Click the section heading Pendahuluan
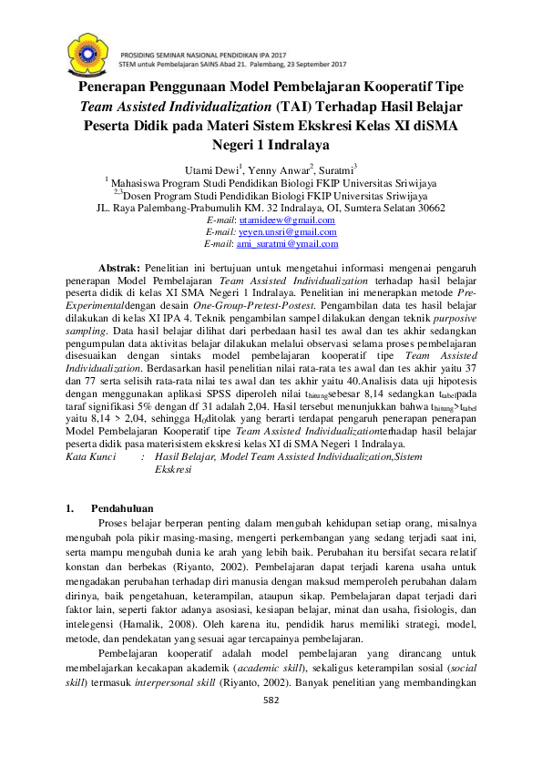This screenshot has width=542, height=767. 122,507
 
